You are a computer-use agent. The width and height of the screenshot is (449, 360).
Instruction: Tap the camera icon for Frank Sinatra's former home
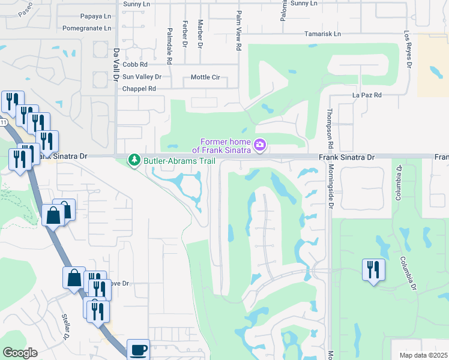coord(260,145)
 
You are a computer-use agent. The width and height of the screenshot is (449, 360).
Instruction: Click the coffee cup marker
coord(138,349)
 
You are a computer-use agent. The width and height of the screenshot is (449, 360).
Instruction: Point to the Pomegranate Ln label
coord(87,28)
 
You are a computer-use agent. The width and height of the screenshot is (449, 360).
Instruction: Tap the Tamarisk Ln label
coord(322,34)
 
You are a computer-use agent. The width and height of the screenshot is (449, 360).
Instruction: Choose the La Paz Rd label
coord(367,95)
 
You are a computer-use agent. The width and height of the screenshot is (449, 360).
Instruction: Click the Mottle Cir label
coord(205,77)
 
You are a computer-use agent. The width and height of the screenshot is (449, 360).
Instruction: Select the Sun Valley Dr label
coord(142,77)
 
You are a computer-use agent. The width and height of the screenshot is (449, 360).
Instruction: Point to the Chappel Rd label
coord(139,89)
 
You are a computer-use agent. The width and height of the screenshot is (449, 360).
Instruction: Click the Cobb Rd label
coord(135,64)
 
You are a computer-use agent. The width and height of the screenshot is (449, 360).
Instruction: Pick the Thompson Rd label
coord(330,130)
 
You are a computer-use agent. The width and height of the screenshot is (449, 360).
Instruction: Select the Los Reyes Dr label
coord(408,50)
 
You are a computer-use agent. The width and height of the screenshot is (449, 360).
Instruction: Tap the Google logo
coord(20,353)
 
